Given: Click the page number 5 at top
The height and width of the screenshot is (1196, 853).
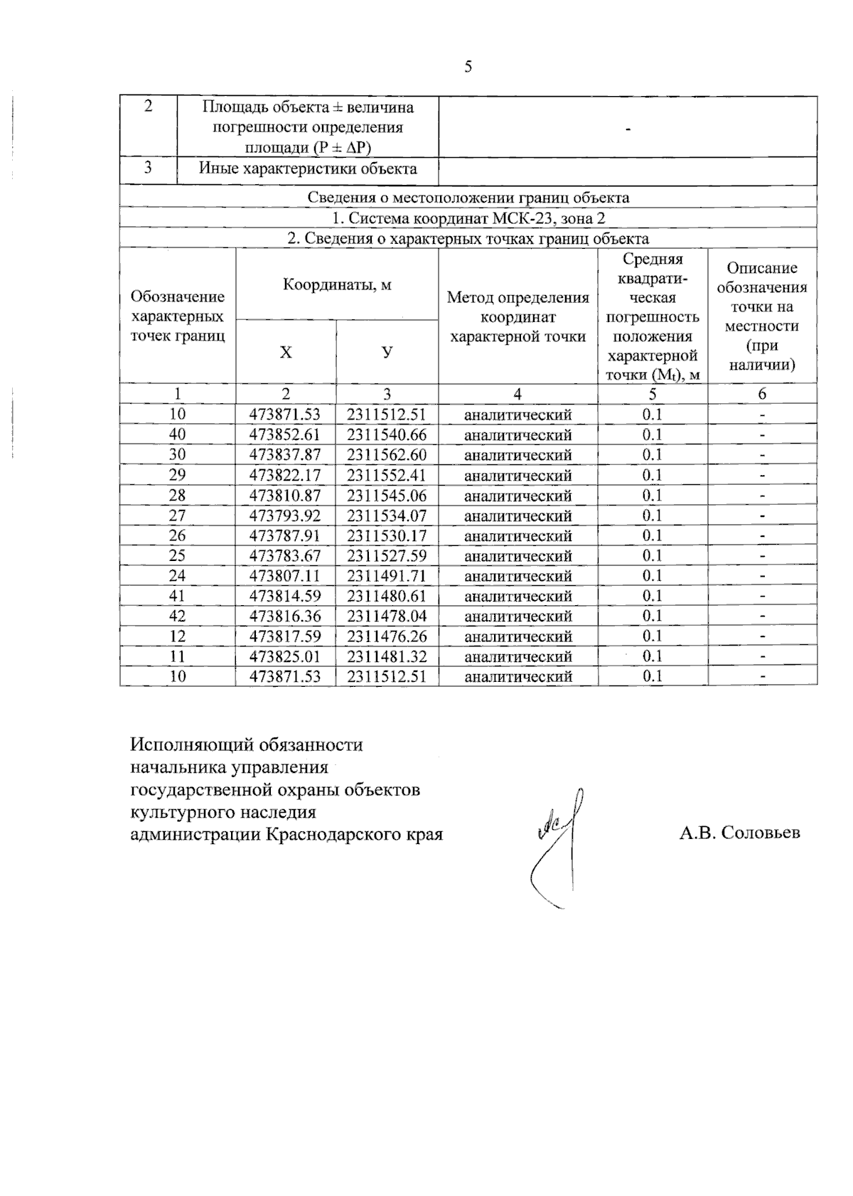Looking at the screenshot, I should (468, 67).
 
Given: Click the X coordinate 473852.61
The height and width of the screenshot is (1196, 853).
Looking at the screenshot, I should (285, 434).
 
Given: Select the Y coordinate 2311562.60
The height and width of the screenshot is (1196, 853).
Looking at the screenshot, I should (387, 454).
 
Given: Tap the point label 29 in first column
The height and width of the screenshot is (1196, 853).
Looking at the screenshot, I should (177, 474).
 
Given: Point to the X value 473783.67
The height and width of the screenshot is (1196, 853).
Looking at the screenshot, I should (285, 555).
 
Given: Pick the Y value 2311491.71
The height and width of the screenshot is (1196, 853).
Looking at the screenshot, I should (387, 575).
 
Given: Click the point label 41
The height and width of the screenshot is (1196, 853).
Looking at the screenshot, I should (177, 595).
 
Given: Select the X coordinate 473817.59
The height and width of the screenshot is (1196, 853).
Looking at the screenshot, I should (285, 636).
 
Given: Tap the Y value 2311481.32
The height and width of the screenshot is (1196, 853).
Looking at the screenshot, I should (387, 656).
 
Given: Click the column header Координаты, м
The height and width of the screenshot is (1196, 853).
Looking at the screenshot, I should (337, 284).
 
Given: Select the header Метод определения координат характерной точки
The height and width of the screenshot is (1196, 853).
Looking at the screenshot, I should (517, 316).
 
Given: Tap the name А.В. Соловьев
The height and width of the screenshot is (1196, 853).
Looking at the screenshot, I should (739, 833).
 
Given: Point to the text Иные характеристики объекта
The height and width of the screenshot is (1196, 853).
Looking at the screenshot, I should (308, 169).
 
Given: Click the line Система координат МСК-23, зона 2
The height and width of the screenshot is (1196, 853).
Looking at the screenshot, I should (468, 218).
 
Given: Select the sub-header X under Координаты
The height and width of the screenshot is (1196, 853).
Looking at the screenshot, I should (285, 352).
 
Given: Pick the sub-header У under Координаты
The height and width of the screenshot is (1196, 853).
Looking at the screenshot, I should (387, 352).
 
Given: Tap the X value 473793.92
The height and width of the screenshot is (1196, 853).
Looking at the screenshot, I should (285, 515).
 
